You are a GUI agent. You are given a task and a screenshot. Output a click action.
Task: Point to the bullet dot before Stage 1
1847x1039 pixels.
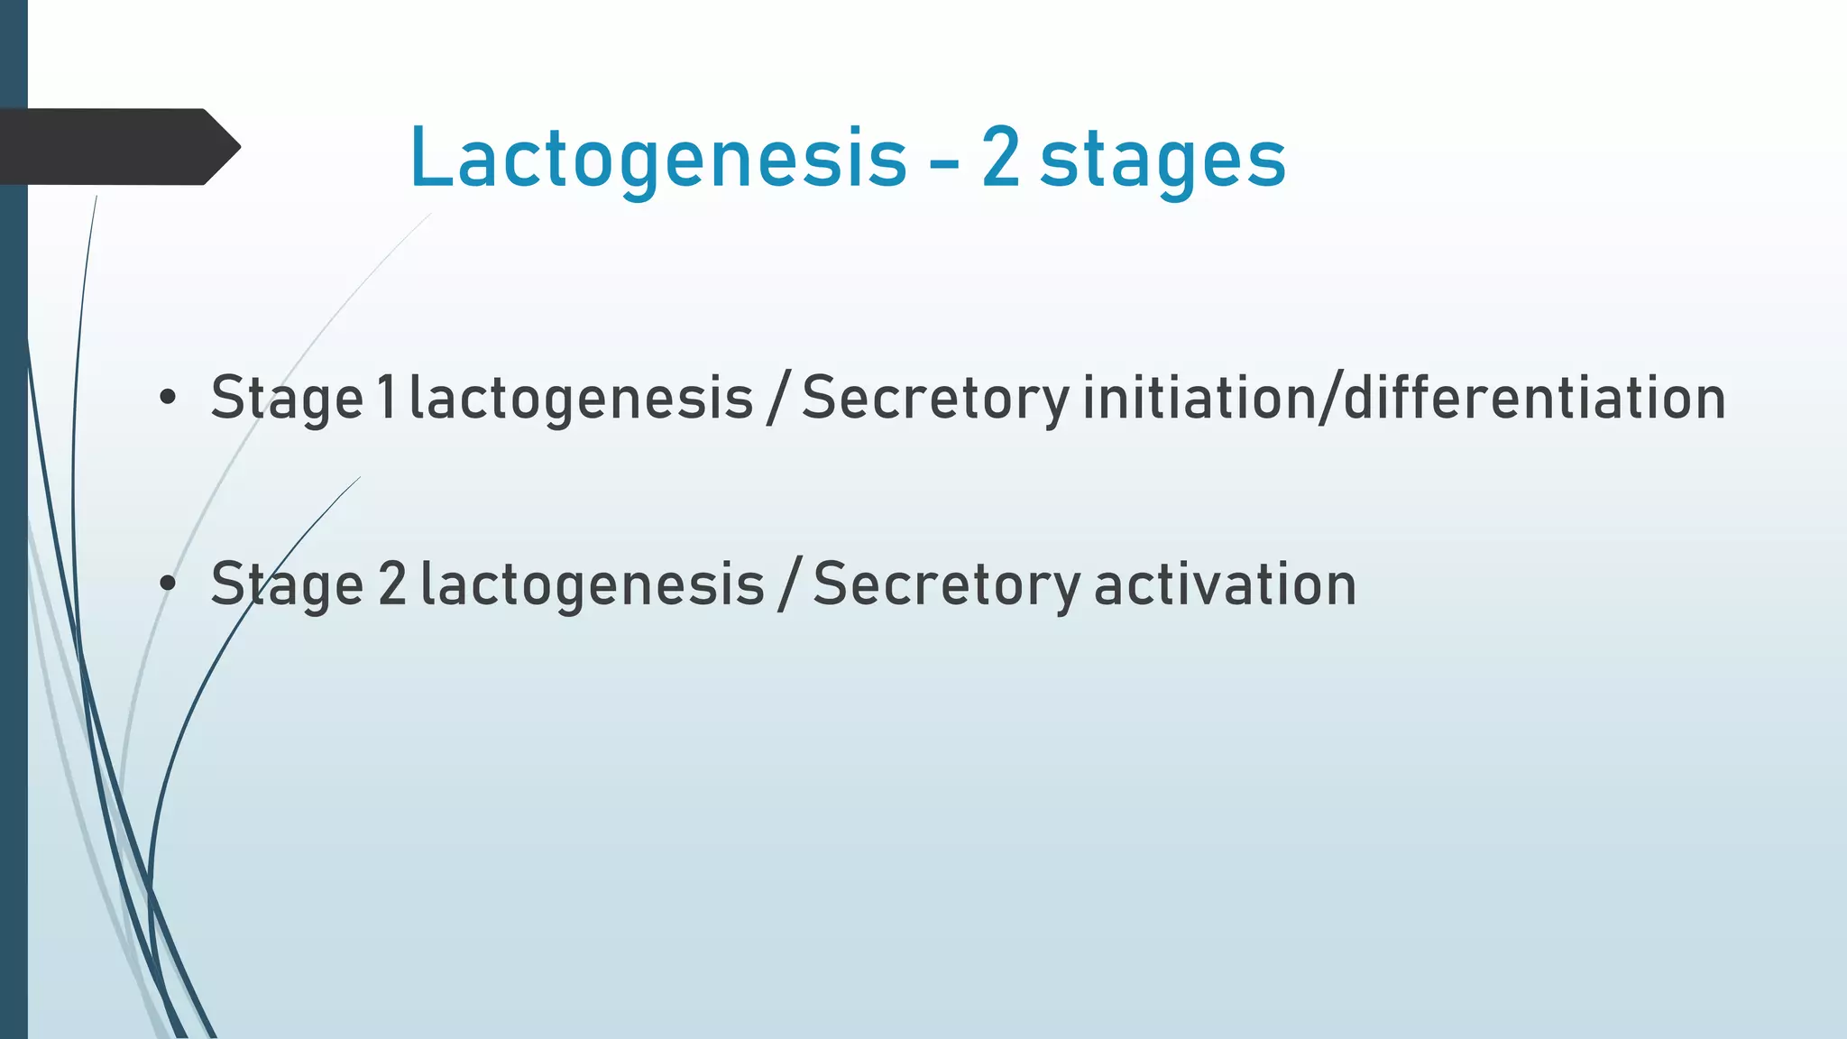click(x=167, y=398)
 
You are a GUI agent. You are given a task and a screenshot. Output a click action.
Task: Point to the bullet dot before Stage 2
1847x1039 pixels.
click(x=167, y=584)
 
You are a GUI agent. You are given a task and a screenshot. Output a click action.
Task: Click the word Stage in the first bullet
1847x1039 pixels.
click(x=287, y=400)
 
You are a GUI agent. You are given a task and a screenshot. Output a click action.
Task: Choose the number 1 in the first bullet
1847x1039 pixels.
click(x=386, y=398)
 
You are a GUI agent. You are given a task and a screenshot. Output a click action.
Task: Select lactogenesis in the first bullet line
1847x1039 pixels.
click(x=581, y=400)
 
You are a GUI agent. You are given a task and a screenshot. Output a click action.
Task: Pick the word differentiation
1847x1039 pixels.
click(x=1534, y=398)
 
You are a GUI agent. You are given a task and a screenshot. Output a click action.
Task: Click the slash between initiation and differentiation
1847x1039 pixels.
click(x=1329, y=398)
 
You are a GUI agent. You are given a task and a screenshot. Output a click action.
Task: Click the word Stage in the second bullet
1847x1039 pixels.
click(x=287, y=585)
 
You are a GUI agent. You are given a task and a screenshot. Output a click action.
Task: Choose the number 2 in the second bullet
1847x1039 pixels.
click(x=392, y=584)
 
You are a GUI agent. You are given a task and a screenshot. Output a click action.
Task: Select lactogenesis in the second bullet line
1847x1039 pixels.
click(x=593, y=585)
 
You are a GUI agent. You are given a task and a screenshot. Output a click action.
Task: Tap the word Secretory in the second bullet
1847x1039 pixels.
click(x=946, y=585)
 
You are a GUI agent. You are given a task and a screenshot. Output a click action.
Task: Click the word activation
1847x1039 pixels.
click(x=1225, y=584)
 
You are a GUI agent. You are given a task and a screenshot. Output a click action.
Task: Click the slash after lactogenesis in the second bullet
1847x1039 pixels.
click(x=789, y=584)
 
